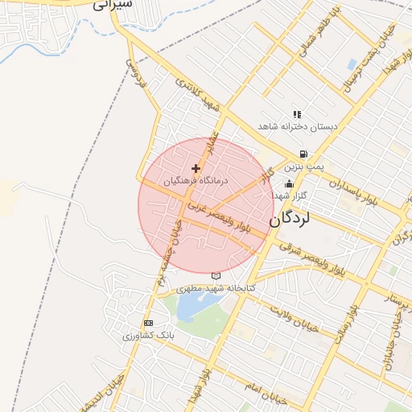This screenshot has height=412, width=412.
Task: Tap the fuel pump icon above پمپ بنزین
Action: [303, 154]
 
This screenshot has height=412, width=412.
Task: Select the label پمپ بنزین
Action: [307, 166]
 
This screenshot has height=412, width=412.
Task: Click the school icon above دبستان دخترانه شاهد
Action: [297, 114]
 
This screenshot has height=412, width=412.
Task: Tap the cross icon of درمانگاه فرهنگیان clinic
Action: [196, 168]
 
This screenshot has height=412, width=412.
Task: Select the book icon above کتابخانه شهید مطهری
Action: [215, 276]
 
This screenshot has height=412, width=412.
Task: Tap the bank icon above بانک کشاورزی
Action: [147, 323]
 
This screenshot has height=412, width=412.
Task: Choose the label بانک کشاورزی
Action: [146, 335]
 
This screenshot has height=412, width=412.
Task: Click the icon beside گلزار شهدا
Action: [289, 184]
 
